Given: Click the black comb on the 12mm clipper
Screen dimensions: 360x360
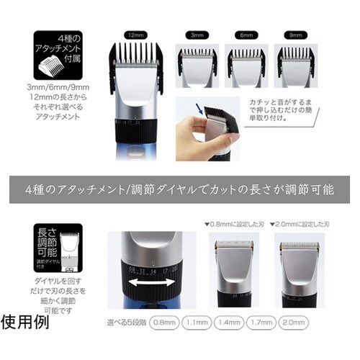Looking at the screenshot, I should pos(136,58).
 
